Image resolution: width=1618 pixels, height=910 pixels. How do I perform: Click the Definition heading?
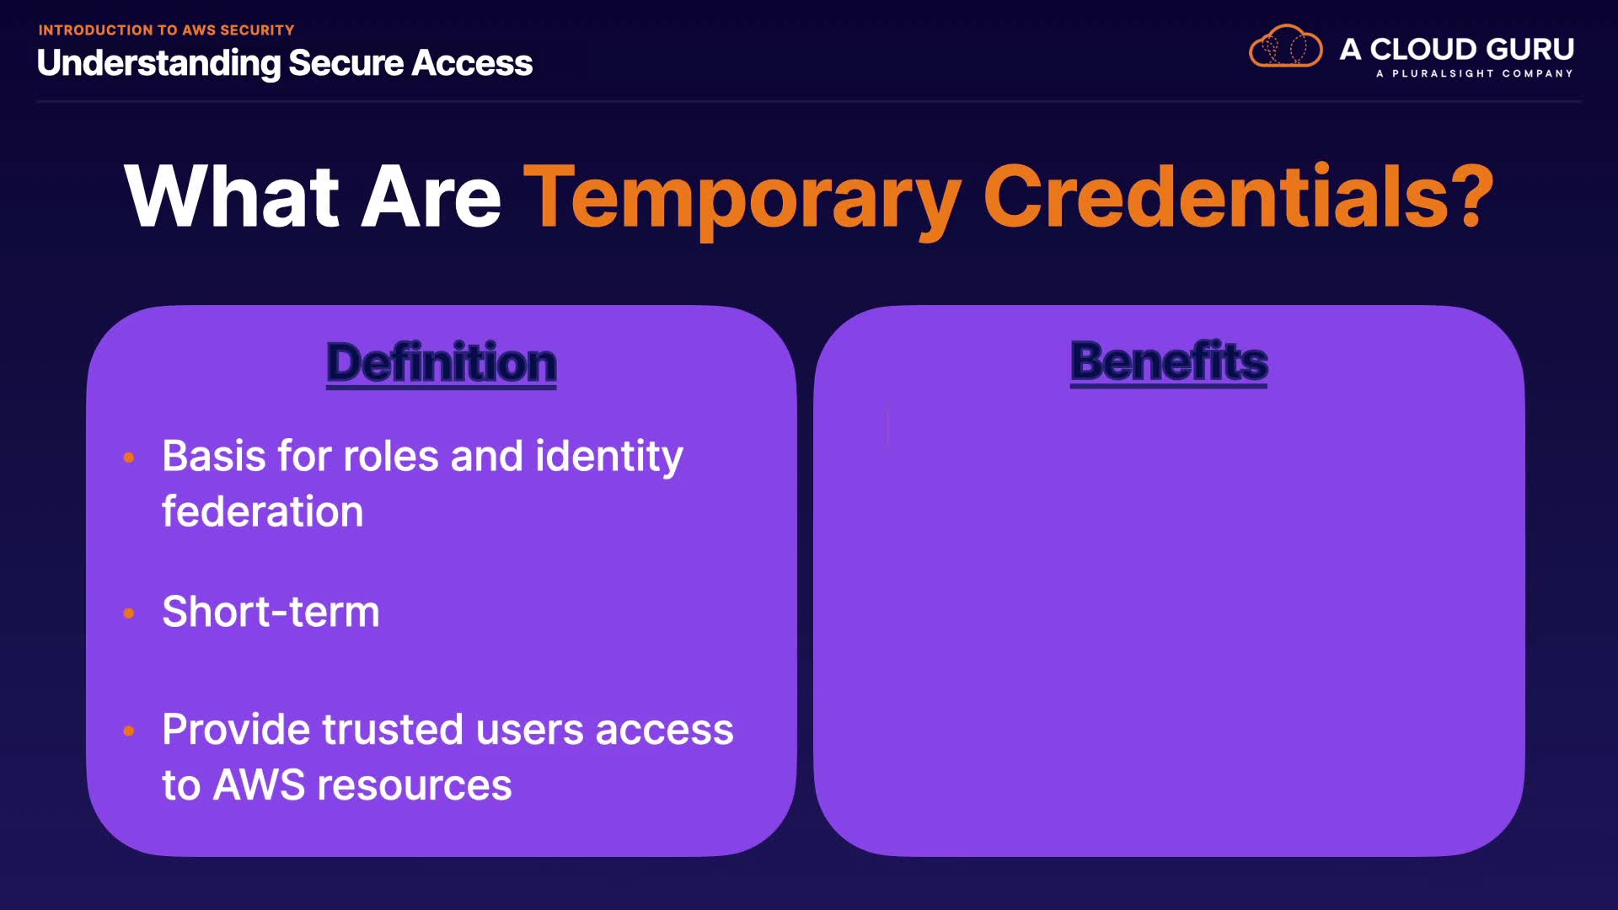[442, 363]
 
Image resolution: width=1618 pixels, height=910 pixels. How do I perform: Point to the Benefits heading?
[1169, 361]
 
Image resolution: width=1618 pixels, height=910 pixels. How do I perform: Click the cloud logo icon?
[1286, 46]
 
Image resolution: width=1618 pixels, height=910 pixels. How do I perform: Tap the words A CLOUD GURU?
[1457, 49]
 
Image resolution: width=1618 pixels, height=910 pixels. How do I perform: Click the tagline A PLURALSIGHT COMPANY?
[1475, 73]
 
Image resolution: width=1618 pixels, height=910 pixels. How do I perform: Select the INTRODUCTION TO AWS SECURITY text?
[166, 30]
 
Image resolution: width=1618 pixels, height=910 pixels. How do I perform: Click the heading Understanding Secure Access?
[285, 63]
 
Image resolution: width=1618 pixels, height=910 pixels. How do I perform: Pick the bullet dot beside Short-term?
[129, 613]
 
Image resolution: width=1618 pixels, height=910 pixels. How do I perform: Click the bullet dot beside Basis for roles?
[129, 458]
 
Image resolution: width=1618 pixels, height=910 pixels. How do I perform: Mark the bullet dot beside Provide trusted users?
[129, 731]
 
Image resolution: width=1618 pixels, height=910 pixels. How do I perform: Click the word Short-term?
[271, 612]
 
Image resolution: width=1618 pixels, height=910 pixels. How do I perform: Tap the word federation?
[262, 511]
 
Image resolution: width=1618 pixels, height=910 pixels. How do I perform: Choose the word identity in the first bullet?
[609, 458]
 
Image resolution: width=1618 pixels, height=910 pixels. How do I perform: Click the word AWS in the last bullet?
[260, 785]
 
